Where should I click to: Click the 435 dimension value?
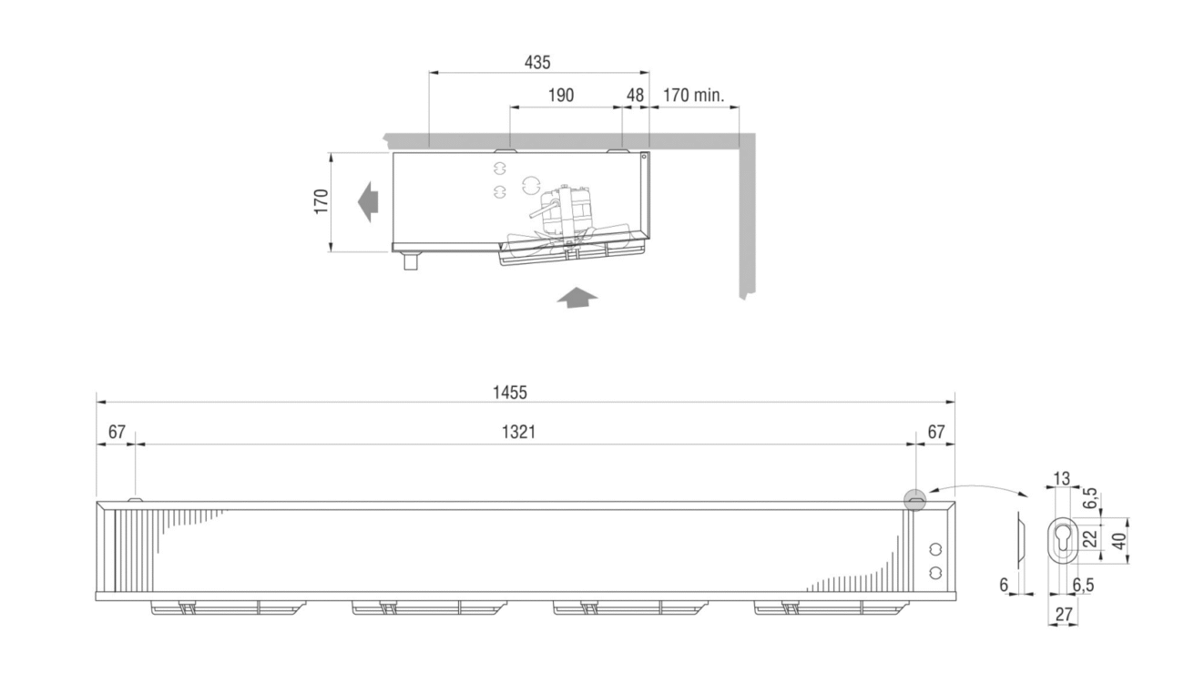(537, 62)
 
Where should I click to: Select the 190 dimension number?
(561, 95)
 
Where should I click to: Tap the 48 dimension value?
(635, 95)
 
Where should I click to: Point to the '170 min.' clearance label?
(693, 95)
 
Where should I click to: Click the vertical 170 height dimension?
(322, 201)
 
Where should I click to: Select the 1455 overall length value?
(510, 393)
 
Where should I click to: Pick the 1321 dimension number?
(518, 433)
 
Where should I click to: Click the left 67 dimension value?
(117, 433)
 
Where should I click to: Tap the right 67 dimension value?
(936, 433)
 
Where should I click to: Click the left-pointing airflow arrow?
(368, 202)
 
